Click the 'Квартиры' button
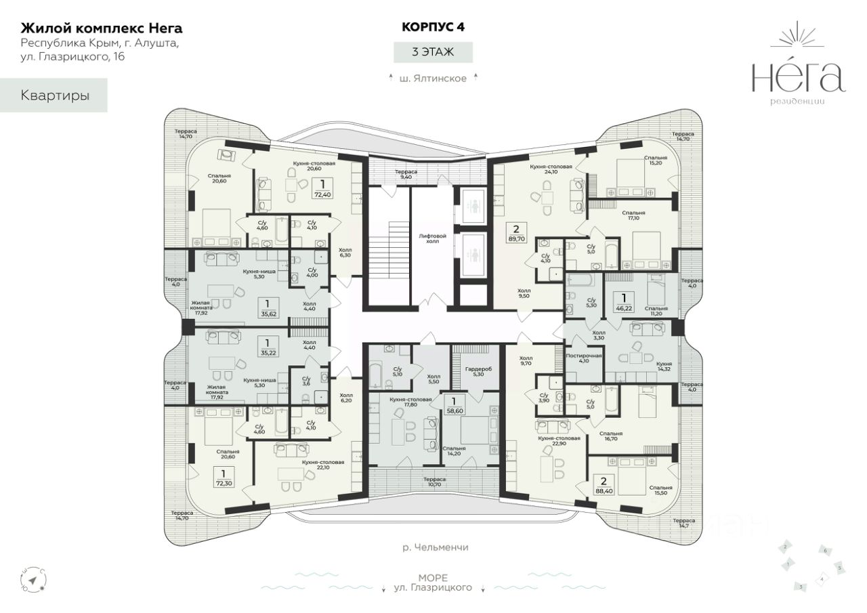point(55,96)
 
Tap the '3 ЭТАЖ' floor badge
point(433,51)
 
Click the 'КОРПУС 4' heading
point(433,27)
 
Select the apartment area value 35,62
point(270,314)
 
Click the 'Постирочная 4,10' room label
point(583,358)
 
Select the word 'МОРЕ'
point(432,578)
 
